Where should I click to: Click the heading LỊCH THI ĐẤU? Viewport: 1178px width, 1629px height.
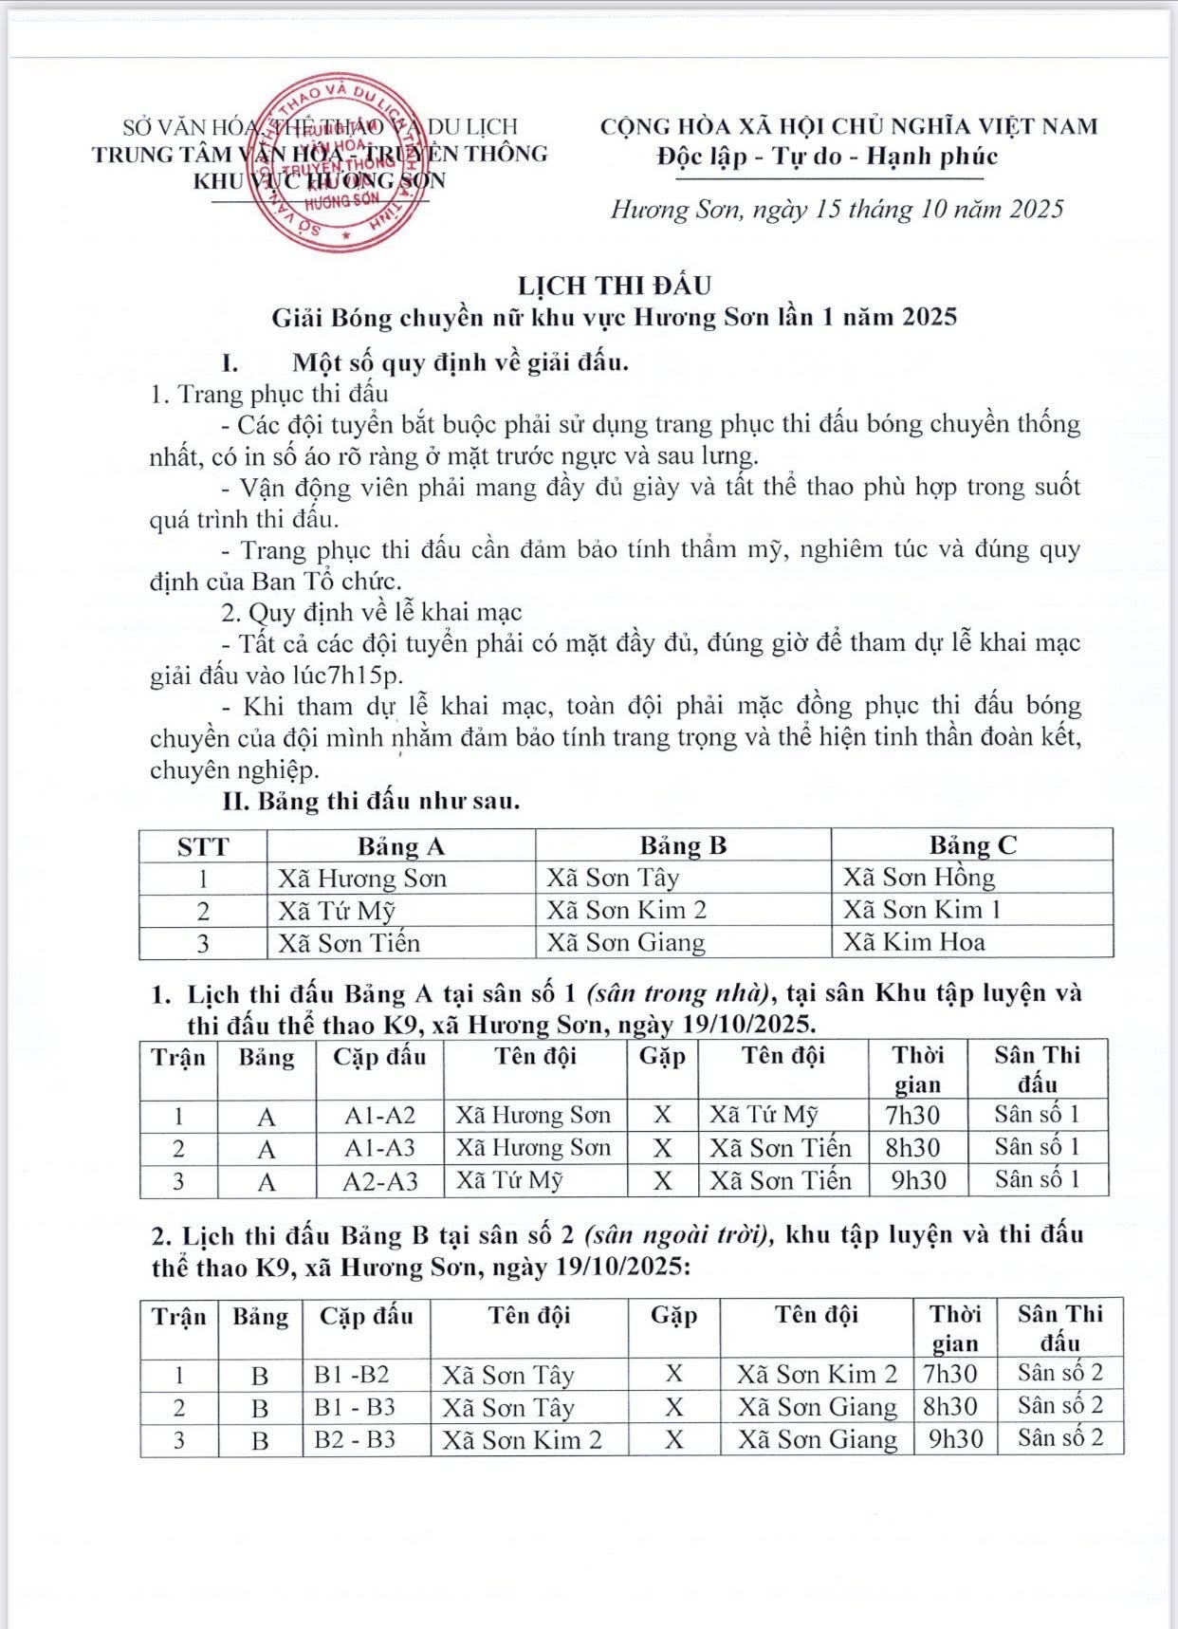(x=614, y=285)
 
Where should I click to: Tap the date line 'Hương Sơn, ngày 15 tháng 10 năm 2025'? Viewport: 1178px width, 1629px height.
(x=837, y=209)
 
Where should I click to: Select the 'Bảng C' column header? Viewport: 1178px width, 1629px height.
(x=972, y=845)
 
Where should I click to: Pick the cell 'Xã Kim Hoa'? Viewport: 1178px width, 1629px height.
(x=914, y=942)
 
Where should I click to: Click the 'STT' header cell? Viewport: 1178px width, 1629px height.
(x=203, y=846)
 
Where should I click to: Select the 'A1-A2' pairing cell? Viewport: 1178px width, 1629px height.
(x=379, y=1116)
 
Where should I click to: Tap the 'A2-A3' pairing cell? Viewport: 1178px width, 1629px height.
(x=379, y=1181)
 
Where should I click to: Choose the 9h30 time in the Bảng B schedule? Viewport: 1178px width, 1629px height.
(x=955, y=1439)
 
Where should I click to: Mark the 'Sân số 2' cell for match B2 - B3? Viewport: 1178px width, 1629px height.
(x=1060, y=1438)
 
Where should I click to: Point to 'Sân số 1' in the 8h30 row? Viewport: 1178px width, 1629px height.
(x=1037, y=1148)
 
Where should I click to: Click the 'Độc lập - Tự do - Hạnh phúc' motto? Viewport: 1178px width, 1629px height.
(x=827, y=157)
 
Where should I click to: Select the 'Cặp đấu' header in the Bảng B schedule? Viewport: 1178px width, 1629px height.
(x=366, y=1317)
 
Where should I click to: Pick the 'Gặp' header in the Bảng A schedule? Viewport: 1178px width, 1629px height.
(x=662, y=1056)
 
